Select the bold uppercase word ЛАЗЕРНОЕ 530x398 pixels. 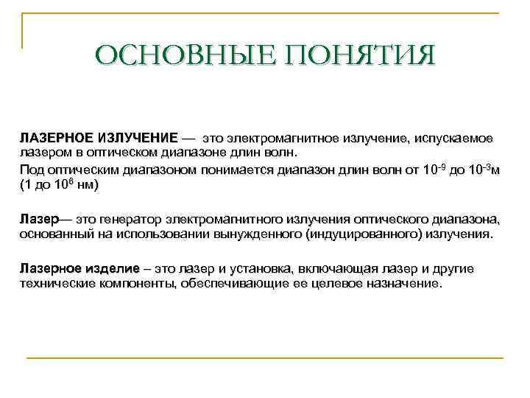point(56,138)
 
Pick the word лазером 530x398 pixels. point(42,152)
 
